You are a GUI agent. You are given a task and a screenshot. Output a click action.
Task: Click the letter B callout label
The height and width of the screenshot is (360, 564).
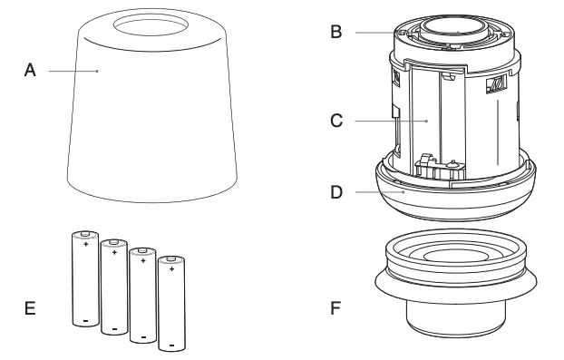(x=335, y=33)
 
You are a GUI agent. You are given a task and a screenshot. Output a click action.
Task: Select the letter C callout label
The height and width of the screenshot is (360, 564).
(x=335, y=120)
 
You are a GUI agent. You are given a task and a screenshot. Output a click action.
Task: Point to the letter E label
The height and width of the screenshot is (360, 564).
(x=31, y=308)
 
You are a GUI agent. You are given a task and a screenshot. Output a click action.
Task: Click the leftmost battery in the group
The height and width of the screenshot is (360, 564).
(x=83, y=279)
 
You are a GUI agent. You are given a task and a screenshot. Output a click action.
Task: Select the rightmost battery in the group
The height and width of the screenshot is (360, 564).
(x=170, y=305)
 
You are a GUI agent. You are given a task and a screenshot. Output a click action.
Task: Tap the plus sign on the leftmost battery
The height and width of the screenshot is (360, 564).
(x=85, y=244)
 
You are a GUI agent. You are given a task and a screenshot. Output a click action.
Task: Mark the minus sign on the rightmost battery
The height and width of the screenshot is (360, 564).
(x=170, y=345)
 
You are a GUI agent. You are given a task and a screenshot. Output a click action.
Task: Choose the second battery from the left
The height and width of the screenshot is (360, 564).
(x=113, y=287)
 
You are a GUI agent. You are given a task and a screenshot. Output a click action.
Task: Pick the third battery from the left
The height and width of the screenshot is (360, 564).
(x=141, y=296)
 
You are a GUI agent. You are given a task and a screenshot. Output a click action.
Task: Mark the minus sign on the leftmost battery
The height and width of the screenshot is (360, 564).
(x=84, y=320)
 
